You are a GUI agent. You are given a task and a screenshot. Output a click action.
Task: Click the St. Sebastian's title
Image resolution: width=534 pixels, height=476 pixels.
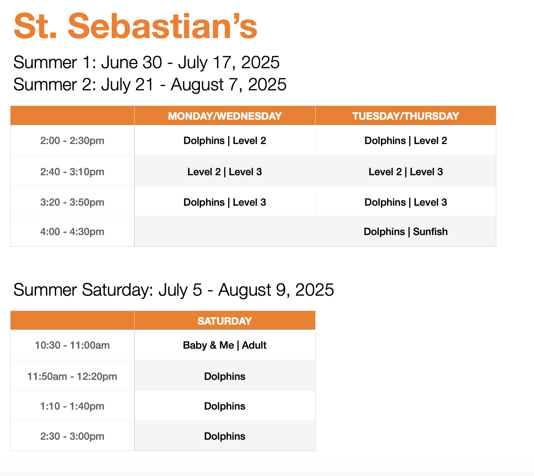click(135, 26)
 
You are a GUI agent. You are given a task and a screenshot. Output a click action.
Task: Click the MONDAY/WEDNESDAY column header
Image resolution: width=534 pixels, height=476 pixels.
click(225, 116)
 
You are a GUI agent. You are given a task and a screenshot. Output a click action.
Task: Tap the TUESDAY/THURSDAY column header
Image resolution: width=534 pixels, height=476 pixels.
click(406, 116)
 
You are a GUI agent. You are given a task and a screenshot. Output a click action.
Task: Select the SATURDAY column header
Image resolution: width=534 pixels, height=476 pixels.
click(225, 321)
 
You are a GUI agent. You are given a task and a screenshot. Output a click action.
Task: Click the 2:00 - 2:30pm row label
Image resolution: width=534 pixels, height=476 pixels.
click(72, 141)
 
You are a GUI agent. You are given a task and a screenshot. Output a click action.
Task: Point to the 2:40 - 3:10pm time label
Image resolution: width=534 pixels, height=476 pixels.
click(72, 172)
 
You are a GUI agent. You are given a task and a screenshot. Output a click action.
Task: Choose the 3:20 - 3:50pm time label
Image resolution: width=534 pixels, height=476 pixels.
click(72, 202)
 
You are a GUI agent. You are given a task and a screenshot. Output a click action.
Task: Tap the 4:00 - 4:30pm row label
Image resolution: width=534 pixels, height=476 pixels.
click(72, 232)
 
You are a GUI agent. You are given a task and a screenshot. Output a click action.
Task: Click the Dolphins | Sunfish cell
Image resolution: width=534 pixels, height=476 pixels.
click(406, 232)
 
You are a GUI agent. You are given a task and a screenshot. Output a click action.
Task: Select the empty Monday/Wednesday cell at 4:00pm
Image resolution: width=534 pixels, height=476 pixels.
click(225, 232)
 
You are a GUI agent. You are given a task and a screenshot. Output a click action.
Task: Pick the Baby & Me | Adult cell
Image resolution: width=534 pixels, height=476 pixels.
click(225, 345)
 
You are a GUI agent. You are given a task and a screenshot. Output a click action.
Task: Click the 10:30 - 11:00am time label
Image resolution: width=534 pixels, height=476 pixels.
click(72, 345)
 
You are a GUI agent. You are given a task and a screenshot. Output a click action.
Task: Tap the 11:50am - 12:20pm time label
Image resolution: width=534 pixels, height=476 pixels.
click(72, 377)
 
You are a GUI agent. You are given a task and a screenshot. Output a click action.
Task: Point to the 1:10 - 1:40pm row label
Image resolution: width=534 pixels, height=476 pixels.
click(72, 406)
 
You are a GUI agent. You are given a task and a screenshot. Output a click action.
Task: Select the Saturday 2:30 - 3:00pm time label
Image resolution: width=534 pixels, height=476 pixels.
click(72, 436)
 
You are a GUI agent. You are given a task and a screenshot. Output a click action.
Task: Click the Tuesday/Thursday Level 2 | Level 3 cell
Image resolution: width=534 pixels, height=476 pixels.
click(406, 172)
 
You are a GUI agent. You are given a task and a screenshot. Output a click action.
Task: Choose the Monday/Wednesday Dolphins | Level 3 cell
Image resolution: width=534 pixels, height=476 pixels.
click(225, 202)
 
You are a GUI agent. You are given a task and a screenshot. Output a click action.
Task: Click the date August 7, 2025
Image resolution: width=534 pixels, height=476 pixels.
click(229, 85)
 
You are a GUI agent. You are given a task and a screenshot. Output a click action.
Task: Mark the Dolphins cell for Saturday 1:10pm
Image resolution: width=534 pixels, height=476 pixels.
click(225, 406)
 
